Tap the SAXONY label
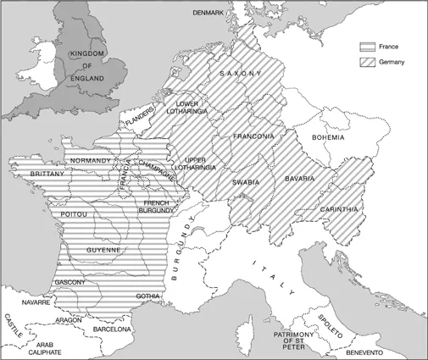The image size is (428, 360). [244, 75]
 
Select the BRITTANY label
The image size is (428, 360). [31, 173]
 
